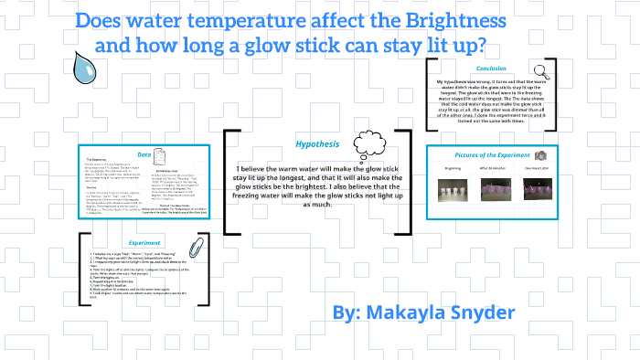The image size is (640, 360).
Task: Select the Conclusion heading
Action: pos(492,69)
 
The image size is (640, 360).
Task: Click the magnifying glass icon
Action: pos(540,69)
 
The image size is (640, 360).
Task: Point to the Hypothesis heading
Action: pos(317,144)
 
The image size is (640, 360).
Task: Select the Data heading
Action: pos(144,154)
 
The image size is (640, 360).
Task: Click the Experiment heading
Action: pos(144,243)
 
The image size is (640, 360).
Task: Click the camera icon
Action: pos(541,156)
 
